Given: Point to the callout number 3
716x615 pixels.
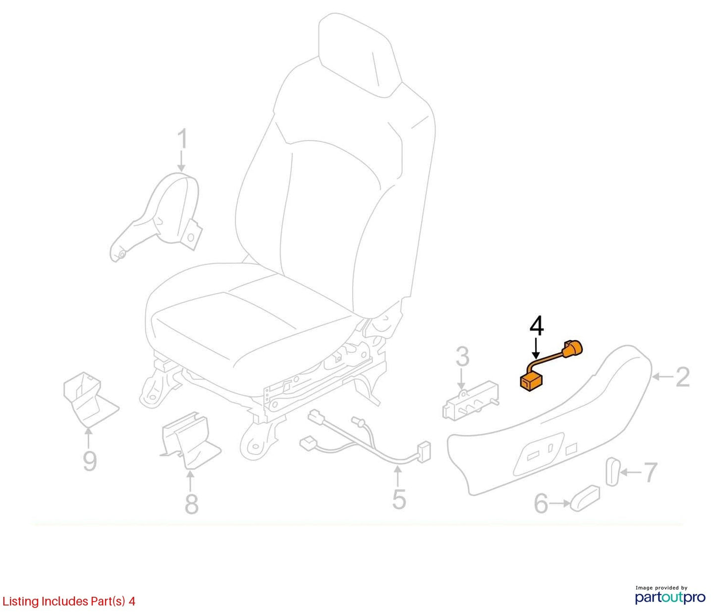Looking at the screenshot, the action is tap(462, 357).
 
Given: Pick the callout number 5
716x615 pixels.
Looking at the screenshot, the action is tap(399, 499).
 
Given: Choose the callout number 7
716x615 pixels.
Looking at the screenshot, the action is tap(650, 472).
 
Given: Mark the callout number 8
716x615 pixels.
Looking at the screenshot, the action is tap(192, 504).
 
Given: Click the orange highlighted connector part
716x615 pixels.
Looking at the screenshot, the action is tap(551, 367).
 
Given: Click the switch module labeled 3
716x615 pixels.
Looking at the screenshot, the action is tap(470, 402).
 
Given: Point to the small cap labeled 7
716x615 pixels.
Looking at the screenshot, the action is tap(612, 471).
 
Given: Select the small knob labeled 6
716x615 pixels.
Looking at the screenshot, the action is tap(585, 498).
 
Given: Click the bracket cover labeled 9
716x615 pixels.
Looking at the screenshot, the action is tap(91, 400).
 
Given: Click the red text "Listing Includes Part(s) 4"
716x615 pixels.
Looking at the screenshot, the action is tap(68, 601).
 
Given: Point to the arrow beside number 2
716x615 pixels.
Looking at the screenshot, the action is tap(662, 377).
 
